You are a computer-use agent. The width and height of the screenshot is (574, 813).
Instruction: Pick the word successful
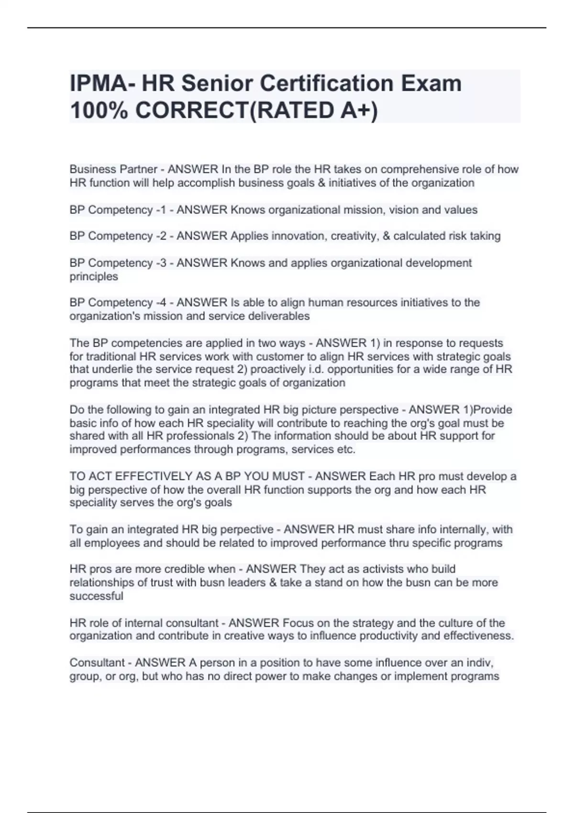[x=96, y=596]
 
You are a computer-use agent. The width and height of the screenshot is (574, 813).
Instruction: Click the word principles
[x=94, y=276]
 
